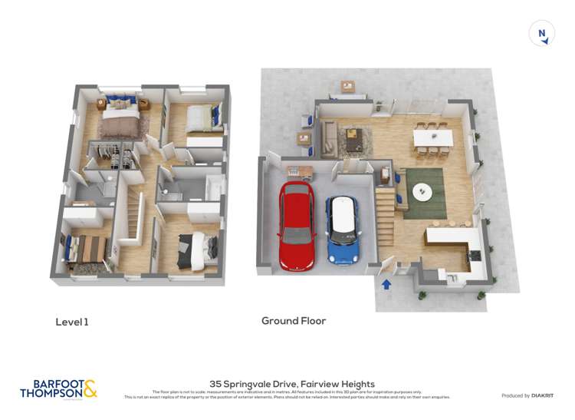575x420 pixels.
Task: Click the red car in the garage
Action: pyautogui.click(x=297, y=225)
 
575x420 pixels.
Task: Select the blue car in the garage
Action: pyautogui.click(x=343, y=230)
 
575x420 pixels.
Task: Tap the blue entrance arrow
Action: pyautogui.click(x=386, y=285)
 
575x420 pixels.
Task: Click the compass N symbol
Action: pyautogui.click(x=542, y=33)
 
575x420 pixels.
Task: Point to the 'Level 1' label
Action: pyautogui.click(x=72, y=322)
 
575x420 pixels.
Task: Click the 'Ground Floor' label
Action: pyautogui.click(x=294, y=321)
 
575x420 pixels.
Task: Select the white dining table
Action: pyautogui.click(x=432, y=137)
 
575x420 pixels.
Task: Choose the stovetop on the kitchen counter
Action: pyautogui.click(x=475, y=254)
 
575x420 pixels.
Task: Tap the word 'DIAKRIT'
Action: pyautogui.click(x=545, y=395)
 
